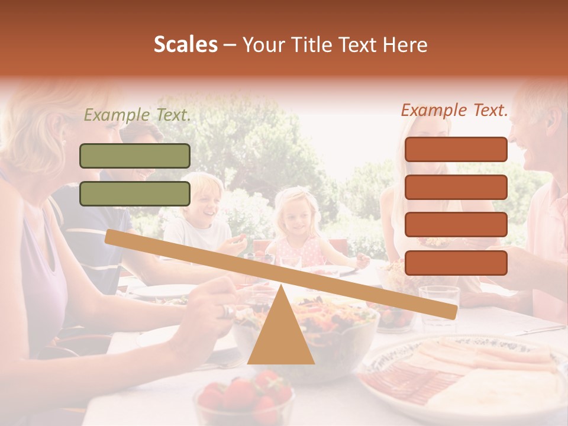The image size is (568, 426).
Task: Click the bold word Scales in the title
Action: (x=185, y=45)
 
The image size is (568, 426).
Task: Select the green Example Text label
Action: (x=137, y=115)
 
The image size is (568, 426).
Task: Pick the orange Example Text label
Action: (x=454, y=110)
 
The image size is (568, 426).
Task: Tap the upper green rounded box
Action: (x=135, y=156)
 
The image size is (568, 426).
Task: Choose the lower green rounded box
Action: (x=135, y=193)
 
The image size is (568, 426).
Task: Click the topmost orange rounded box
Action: (x=456, y=149)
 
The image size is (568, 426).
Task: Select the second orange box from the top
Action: (x=456, y=187)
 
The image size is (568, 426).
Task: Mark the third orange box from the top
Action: (x=456, y=225)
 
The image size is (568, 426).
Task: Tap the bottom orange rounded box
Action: (x=456, y=263)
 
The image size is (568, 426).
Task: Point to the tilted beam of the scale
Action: (x=280, y=275)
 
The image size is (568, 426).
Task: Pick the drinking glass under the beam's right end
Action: (x=438, y=302)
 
